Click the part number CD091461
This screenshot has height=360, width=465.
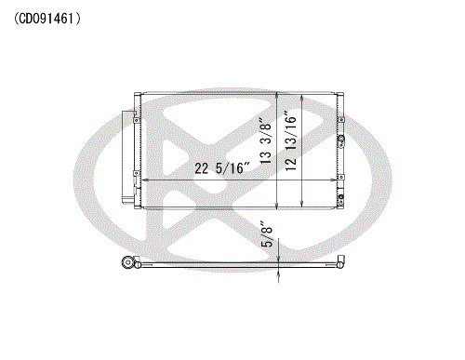(47, 19)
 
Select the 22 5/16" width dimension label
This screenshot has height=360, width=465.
(222, 168)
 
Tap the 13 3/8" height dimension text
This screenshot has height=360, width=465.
(266, 140)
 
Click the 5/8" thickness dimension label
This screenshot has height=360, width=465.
(267, 234)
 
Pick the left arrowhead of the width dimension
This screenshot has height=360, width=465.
(145, 180)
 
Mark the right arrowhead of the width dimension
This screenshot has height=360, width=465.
(333, 180)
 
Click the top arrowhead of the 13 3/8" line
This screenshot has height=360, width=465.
(277, 96)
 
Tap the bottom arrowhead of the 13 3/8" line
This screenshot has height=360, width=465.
(277, 205)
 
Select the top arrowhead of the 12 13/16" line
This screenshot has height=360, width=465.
(301, 99)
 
